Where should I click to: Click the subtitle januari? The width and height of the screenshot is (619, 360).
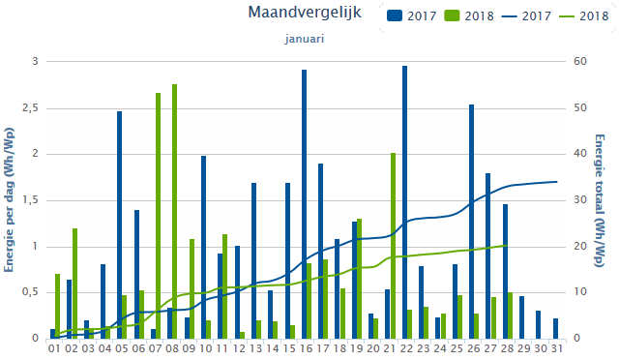pyautogui.click(x=304, y=39)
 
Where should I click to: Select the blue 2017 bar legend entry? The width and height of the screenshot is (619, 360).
pyautogui.click(x=411, y=16)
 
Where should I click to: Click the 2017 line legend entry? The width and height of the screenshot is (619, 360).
pyautogui.click(x=522, y=16)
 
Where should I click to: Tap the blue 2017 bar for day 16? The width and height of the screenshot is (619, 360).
pyautogui.click(x=304, y=203)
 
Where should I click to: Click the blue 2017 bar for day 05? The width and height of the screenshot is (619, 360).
pyautogui.click(x=119, y=225)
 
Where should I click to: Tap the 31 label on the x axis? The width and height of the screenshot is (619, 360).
pyautogui.click(x=555, y=347)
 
